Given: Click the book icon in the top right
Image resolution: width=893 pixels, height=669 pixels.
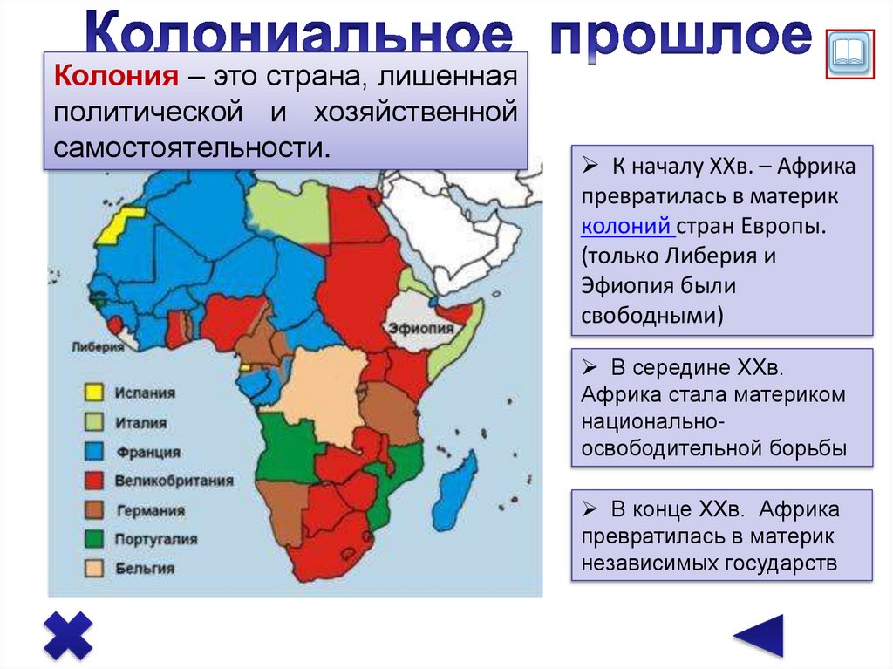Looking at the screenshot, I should point(849,55).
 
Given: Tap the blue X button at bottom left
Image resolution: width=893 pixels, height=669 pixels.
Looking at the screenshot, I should point(68,634).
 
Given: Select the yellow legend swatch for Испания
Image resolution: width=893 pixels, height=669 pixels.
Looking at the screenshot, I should point(93,393).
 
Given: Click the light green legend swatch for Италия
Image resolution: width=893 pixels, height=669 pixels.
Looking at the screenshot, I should point(93,422).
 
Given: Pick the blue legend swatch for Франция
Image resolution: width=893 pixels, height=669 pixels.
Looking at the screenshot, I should point(93,452).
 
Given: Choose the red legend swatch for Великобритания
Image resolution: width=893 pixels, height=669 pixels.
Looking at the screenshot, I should point(93,481).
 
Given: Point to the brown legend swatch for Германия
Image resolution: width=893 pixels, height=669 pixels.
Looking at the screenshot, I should point(93,510).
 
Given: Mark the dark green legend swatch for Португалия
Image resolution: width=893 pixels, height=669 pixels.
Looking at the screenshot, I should point(93,539).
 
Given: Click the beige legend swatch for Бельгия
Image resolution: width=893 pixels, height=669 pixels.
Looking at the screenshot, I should point(93,568).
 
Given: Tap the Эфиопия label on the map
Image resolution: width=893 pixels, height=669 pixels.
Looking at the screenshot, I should point(421,329).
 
